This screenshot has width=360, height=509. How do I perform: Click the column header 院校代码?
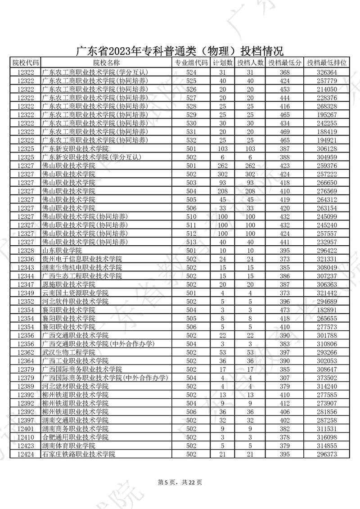click(x=25, y=63)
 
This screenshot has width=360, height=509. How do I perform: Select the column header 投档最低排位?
click(x=327, y=63)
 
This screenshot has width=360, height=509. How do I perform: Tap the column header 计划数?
click(x=222, y=63)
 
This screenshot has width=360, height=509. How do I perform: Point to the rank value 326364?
click(x=327, y=72)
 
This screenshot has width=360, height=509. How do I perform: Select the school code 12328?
click(x=25, y=251)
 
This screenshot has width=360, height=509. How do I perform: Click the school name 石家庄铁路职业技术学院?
click(x=78, y=455)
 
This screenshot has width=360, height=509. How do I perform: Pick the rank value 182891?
click(x=327, y=310)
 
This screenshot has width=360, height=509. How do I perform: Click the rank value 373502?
click(x=327, y=378)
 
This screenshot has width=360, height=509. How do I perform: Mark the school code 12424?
click(x=25, y=455)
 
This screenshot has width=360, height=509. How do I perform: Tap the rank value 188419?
click(x=327, y=132)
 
